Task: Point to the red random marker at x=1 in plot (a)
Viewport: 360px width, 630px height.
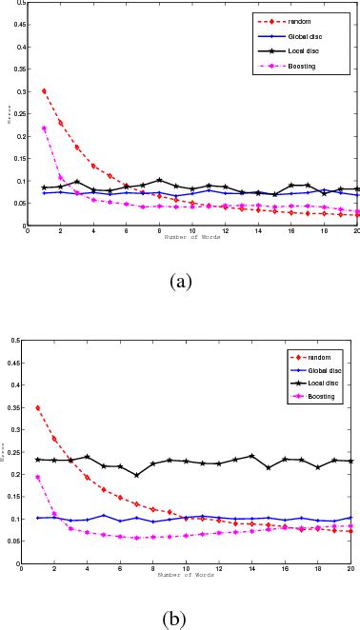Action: [44, 91]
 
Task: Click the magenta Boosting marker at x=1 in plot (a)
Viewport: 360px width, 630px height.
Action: [44, 128]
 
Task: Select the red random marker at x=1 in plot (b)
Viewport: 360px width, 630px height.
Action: [38, 407]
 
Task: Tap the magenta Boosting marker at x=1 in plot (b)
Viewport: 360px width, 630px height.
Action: [38, 477]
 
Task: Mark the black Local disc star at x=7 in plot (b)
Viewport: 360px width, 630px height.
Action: [136, 475]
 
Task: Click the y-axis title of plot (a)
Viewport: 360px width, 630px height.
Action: [9, 114]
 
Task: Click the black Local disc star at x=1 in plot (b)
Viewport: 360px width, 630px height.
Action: [38, 460]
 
